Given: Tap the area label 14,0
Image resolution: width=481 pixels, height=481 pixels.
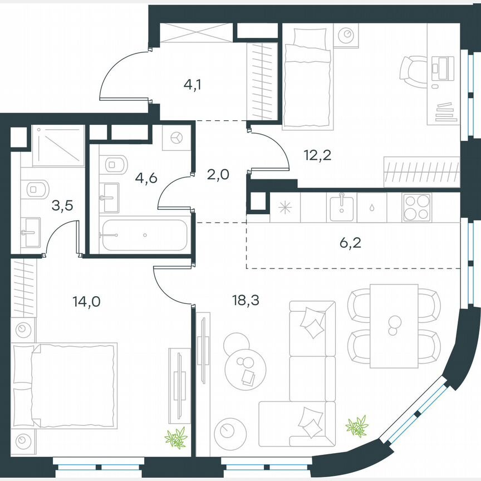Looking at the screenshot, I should (x=83, y=302).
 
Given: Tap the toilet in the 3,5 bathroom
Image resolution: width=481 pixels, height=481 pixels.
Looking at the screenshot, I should (x=35, y=189).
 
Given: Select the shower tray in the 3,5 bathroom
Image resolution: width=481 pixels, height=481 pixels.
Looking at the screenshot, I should (x=58, y=146).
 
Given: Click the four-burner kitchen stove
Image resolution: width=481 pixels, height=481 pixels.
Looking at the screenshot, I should (x=417, y=208).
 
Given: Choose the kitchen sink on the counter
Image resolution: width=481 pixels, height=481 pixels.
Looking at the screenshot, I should (x=342, y=208).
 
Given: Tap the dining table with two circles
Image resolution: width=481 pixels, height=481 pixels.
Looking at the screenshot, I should (x=394, y=325).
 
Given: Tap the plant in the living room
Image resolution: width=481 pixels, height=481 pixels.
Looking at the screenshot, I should (x=356, y=426).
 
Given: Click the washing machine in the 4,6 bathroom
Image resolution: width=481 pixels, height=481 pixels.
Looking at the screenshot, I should (x=177, y=138).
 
